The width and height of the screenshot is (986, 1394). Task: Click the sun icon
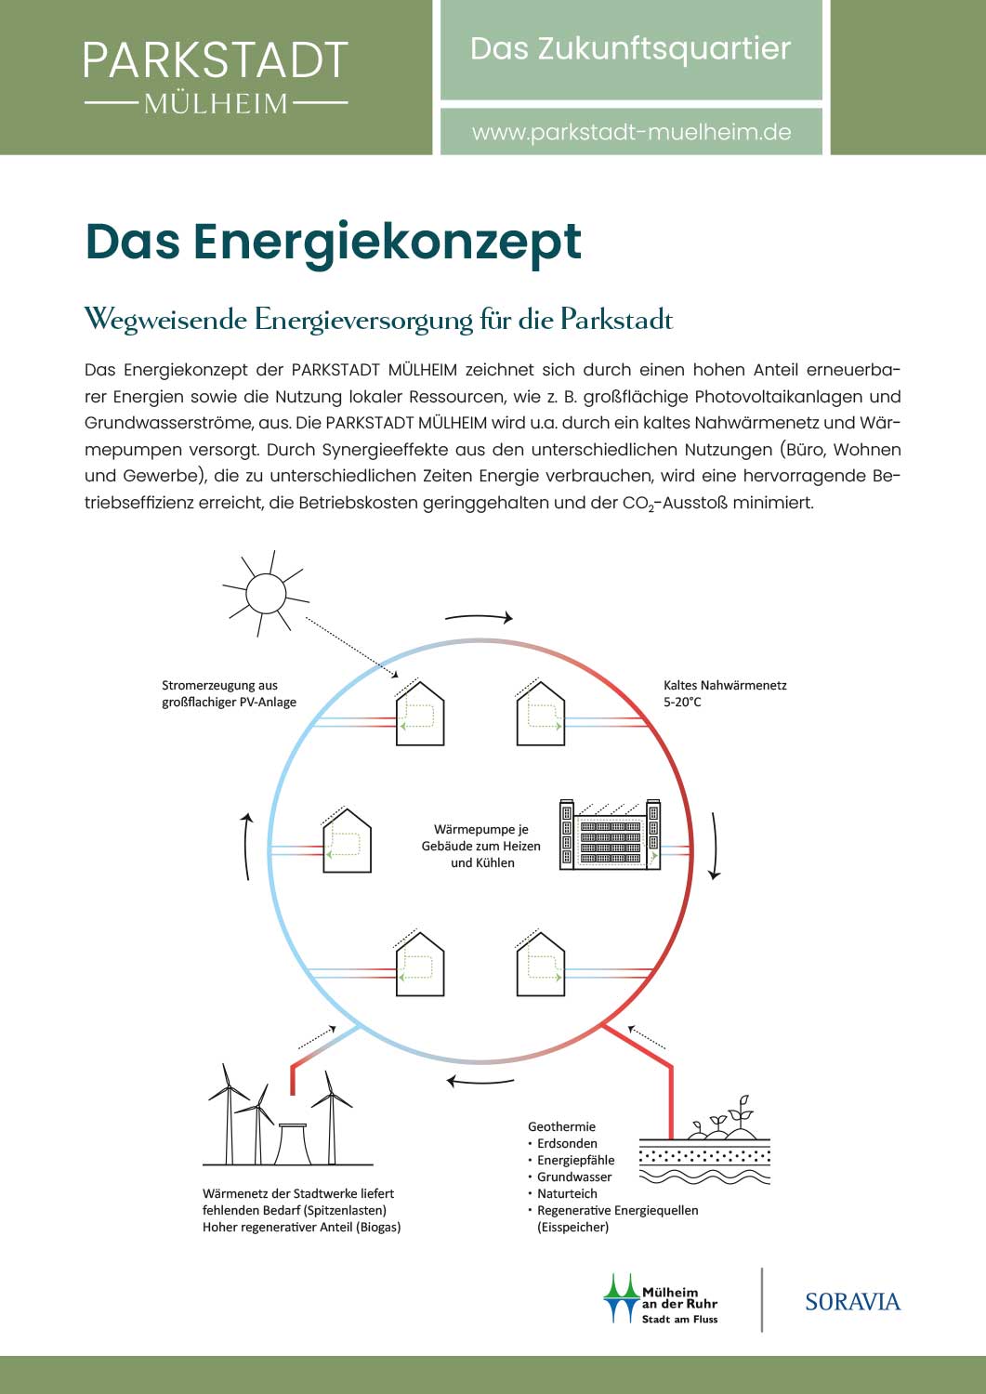(x=266, y=594)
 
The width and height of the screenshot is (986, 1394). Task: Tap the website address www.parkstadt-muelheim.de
(x=631, y=132)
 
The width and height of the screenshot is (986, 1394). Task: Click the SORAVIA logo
(x=853, y=1301)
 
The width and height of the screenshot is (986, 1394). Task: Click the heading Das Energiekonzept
(x=333, y=243)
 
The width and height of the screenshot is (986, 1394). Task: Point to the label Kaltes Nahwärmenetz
(x=725, y=685)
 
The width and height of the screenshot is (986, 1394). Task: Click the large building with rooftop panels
(x=610, y=835)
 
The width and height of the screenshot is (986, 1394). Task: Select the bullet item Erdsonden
(x=567, y=1143)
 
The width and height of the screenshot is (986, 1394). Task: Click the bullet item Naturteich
(x=567, y=1193)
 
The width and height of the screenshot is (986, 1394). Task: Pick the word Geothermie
(x=561, y=1126)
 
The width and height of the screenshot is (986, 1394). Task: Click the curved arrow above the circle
(x=479, y=617)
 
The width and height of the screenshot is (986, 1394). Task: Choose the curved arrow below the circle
(x=480, y=1081)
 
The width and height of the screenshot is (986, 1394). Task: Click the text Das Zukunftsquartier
(x=631, y=49)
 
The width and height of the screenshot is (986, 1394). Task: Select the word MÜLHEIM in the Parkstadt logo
(x=216, y=103)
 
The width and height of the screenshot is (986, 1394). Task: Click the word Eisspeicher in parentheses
(x=572, y=1228)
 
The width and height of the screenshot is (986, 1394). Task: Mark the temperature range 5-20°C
(x=682, y=702)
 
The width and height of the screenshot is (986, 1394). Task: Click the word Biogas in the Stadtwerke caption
(x=378, y=1228)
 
